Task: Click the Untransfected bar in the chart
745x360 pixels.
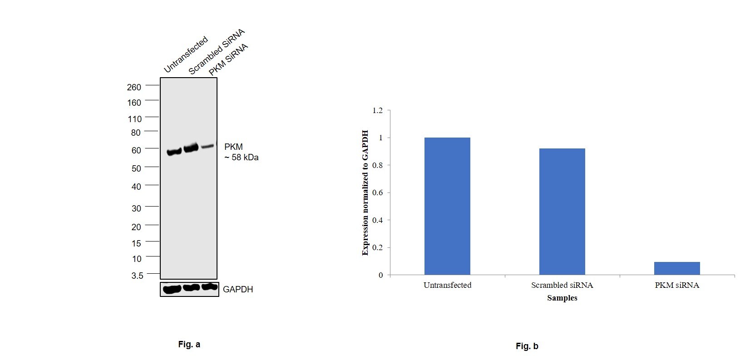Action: (447, 206)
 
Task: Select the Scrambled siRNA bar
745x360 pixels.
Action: (562, 212)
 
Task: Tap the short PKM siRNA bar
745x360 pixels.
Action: (677, 268)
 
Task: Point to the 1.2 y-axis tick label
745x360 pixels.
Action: (377, 110)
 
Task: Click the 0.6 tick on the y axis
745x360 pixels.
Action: (377, 193)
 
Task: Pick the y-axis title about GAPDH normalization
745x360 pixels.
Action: (365, 193)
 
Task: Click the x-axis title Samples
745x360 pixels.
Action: (562, 298)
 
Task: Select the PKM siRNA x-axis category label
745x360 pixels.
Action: (677, 285)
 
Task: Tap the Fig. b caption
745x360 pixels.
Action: (527, 346)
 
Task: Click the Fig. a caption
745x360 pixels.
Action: (189, 345)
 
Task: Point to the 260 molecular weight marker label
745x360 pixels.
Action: (134, 87)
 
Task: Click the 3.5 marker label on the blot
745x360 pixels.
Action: (137, 276)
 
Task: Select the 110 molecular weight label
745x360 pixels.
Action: (135, 119)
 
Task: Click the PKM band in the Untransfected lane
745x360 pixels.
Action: (174, 152)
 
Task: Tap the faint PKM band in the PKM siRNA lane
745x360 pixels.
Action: (207, 146)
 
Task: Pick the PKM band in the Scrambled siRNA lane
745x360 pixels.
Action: (191, 148)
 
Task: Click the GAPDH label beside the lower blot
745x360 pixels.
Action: (238, 289)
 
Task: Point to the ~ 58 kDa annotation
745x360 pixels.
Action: (242, 158)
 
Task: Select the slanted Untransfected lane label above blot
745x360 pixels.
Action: (186, 54)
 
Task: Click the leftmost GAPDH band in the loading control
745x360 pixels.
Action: (173, 289)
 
